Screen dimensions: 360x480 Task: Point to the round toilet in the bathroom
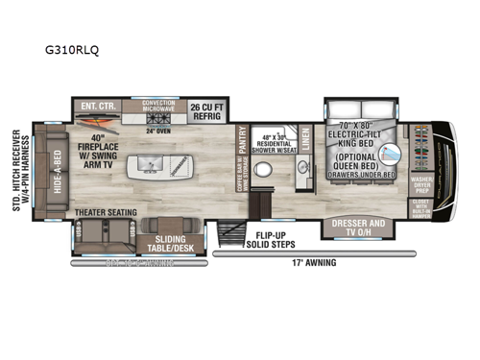point(270,175)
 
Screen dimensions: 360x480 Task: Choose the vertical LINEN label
point(306,140)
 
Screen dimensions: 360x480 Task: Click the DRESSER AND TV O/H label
point(359,228)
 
